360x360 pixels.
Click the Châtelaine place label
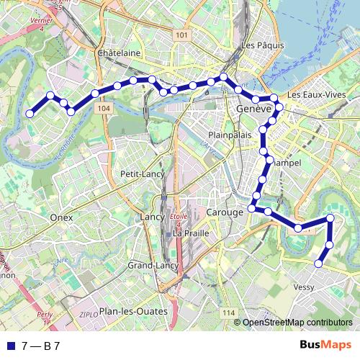coord(118,53)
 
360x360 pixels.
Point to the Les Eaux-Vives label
coord(314,95)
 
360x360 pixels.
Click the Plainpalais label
coord(228,135)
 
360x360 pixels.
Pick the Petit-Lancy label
coord(143,174)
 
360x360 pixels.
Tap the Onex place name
coord(62,216)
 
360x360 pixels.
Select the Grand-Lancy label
coord(153,266)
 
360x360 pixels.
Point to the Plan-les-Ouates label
coord(133,311)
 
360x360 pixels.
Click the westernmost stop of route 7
coord(30,114)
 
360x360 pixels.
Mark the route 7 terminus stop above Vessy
coord(318,264)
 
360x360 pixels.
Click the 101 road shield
coord(181,35)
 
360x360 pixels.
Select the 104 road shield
coord(104,108)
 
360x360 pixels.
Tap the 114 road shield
coord(229,311)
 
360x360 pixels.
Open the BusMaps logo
coord(325,346)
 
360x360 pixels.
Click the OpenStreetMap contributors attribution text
coord(297,323)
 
